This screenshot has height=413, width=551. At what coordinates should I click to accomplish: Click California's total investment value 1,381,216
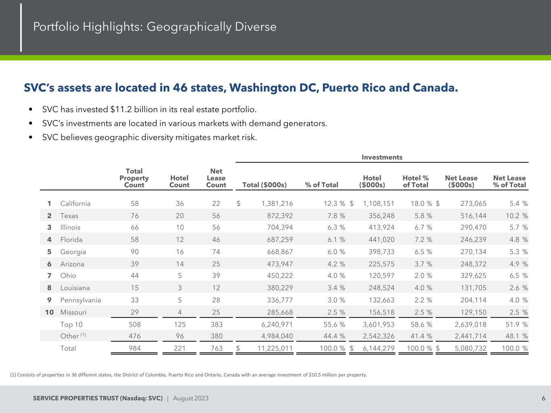(x=274, y=204)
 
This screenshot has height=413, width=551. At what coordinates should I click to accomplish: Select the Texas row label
(x=69, y=216)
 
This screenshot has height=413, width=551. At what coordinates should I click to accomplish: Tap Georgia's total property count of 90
(x=134, y=252)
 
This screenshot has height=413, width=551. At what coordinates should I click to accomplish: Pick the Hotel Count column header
(x=179, y=181)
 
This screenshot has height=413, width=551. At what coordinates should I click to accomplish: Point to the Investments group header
(x=382, y=157)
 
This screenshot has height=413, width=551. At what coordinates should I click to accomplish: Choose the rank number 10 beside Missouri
(x=49, y=312)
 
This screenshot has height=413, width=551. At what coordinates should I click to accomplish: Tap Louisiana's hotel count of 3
(x=180, y=288)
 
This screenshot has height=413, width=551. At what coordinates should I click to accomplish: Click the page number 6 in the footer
(x=543, y=398)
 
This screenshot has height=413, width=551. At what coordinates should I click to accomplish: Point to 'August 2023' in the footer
(x=191, y=398)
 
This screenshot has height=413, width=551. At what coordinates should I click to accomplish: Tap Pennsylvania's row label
(x=80, y=300)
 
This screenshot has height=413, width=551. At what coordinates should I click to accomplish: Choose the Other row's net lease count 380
(x=216, y=336)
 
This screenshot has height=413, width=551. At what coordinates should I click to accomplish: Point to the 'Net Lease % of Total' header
(x=509, y=181)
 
